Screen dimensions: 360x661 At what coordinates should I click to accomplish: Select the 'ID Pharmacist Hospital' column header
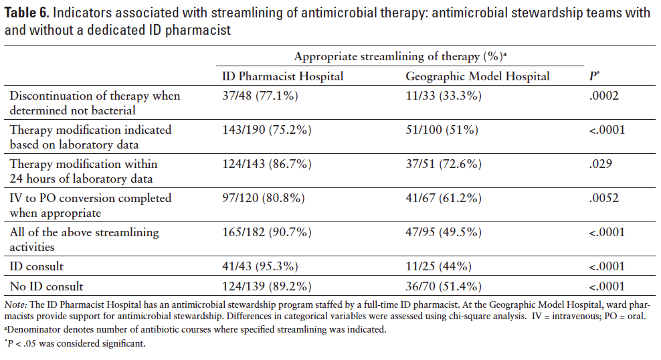coord(282,76)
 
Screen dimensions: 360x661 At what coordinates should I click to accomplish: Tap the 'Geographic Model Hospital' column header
coord(478,76)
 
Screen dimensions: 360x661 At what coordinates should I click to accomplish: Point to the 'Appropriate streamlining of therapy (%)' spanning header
coord(399,57)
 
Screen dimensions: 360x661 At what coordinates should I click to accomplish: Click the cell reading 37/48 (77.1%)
coord(260,96)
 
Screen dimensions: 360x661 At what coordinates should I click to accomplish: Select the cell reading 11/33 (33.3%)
coord(444,96)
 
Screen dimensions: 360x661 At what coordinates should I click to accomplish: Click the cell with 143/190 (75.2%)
coord(267,130)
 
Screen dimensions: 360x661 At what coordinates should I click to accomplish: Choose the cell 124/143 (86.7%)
coord(267,164)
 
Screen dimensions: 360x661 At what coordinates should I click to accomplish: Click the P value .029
coord(598,164)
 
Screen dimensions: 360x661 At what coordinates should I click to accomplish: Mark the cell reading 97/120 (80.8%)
coord(264,198)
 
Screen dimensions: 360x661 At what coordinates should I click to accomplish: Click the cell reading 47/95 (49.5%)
coord(444,232)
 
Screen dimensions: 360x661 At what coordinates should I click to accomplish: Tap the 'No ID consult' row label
coord(46,286)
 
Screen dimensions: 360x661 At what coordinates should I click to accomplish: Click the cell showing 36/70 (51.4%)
coord(444,286)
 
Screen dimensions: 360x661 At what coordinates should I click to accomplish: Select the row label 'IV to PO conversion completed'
coord(90,198)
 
